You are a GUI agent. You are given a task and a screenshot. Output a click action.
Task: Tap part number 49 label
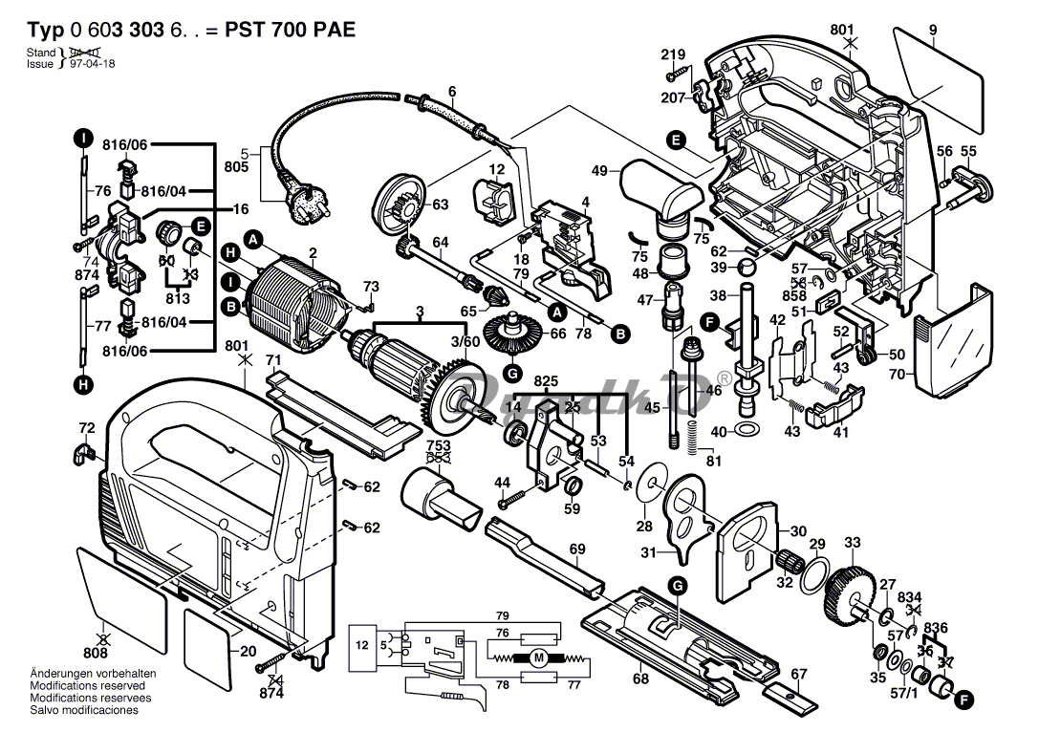(599, 171)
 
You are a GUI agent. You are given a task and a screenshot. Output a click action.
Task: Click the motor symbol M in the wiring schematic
(538, 657)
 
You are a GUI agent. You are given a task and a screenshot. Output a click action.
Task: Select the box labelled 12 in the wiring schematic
(362, 646)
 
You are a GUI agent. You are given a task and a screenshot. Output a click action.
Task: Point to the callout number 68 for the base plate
(639, 679)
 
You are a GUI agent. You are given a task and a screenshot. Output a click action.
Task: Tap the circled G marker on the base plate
(677, 584)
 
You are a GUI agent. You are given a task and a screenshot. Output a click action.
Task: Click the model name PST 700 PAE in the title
(290, 30)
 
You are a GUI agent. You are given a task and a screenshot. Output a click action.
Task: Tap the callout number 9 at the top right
(932, 30)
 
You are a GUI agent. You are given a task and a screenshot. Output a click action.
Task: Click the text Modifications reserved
(88, 685)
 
